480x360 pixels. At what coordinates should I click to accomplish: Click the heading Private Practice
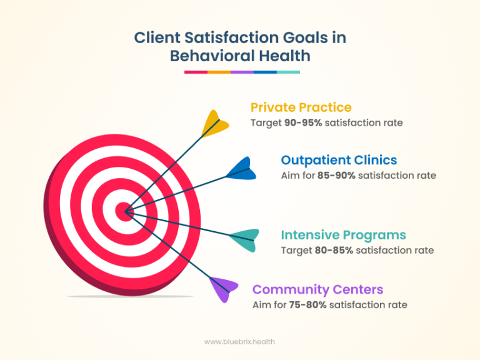click(x=301, y=107)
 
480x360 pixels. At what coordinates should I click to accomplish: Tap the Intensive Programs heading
click(x=343, y=235)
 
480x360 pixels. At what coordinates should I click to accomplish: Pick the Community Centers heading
click(x=317, y=289)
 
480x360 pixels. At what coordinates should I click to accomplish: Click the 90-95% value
click(x=303, y=122)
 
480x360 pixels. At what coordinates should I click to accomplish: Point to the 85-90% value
click(x=337, y=175)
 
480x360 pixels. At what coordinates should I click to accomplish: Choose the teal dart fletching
click(x=244, y=240)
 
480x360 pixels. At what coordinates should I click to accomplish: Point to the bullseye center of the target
click(x=125, y=212)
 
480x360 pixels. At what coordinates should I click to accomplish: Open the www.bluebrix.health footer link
click(x=239, y=341)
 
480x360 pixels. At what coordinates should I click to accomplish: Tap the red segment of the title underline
click(x=196, y=72)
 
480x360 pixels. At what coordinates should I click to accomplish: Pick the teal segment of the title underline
click(x=288, y=72)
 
